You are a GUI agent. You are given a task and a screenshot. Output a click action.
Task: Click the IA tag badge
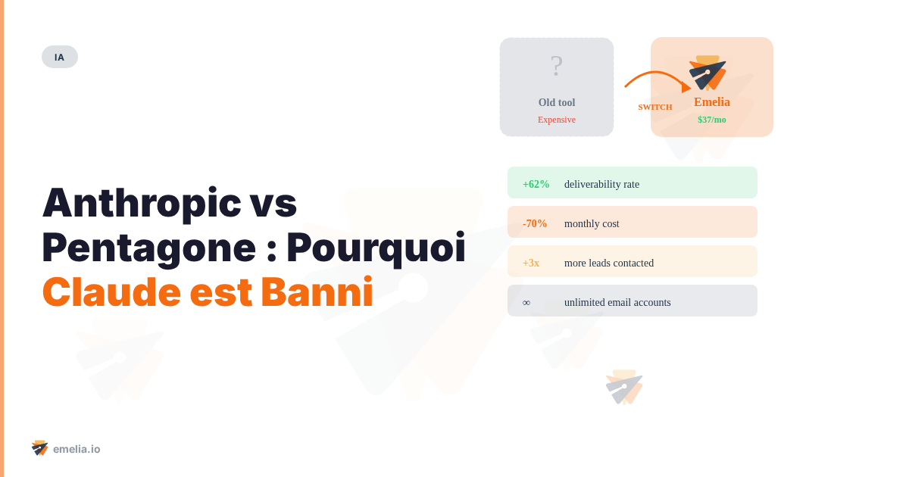pyautogui.click(x=59, y=57)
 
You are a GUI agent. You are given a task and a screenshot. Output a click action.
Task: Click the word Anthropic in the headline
pyautogui.click(x=142, y=203)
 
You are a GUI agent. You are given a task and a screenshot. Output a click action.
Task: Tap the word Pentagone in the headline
pyautogui.click(x=148, y=248)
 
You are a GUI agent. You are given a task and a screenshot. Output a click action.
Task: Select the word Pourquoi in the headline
pyautogui.click(x=376, y=248)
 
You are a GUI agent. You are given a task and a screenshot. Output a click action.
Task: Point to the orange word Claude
pyautogui.click(x=111, y=292)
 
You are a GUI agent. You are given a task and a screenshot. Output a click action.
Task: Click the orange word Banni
pyautogui.click(x=317, y=292)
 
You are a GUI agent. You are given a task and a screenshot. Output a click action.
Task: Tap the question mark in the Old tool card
pyautogui.click(x=557, y=67)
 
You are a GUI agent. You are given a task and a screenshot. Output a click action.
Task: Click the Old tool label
pyautogui.click(x=557, y=102)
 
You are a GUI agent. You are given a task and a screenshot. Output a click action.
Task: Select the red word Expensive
pyautogui.click(x=557, y=120)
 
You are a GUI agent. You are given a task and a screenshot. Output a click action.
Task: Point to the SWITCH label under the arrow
pyautogui.click(x=655, y=107)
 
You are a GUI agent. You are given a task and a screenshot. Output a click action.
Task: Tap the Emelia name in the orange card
pyautogui.click(x=712, y=102)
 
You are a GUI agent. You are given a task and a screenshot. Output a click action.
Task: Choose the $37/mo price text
pyautogui.click(x=712, y=120)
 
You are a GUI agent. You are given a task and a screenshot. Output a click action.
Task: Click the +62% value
pyautogui.click(x=536, y=184)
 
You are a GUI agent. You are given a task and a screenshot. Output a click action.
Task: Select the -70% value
pyautogui.click(x=535, y=223)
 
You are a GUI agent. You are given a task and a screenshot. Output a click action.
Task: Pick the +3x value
pyautogui.click(x=531, y=263)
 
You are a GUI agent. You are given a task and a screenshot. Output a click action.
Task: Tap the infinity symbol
pyautogui.click(x=526, y=302)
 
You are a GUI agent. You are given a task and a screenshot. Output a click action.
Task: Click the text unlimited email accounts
pyautogui.click(x=617, y=302)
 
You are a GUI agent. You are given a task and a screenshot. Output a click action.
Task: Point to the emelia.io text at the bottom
pyautogui.click(x=77, y=449)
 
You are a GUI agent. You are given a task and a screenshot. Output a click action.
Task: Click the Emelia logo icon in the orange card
pyautogui.click(x=708, y=73)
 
